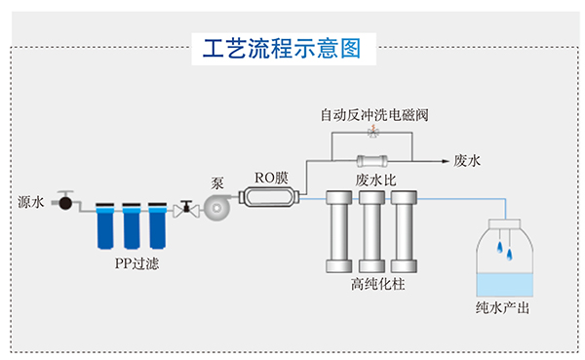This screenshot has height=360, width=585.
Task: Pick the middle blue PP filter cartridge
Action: pos(130,226)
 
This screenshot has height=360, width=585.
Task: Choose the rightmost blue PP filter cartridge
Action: pos(156,226)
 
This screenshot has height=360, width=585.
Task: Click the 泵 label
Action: pos(218,182)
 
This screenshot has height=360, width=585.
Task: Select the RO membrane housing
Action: pos(270,198)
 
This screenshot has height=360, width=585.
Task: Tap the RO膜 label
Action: pos(271,178)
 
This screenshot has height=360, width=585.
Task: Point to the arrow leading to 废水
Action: pos(434,159)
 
